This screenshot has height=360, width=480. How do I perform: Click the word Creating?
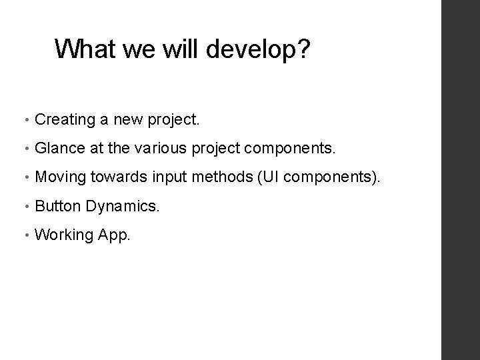coord(65,121)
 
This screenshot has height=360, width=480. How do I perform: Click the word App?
coord(111,235)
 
